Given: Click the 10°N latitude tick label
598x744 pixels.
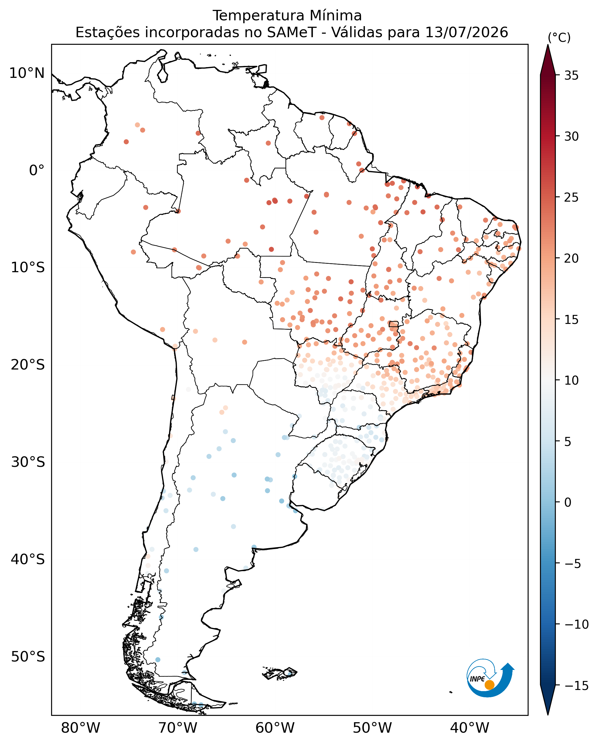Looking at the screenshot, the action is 27,73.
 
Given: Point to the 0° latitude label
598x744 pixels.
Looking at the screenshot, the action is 37,170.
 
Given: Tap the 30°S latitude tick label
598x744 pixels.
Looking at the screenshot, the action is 28,462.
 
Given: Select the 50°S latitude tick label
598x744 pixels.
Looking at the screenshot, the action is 28,657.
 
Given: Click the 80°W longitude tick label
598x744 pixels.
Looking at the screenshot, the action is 81,728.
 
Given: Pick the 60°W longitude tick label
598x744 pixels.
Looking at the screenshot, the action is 275,728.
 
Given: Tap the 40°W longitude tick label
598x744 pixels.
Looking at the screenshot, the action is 470,728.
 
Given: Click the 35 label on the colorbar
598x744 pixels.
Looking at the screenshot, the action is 572,76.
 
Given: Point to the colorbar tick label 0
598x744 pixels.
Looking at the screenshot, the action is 568,503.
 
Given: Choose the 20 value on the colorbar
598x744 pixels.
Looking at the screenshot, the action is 572,259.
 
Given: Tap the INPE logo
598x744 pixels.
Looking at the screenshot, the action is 490,680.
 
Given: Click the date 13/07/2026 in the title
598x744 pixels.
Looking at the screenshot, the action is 467,33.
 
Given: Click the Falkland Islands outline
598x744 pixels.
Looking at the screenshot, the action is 280,673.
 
